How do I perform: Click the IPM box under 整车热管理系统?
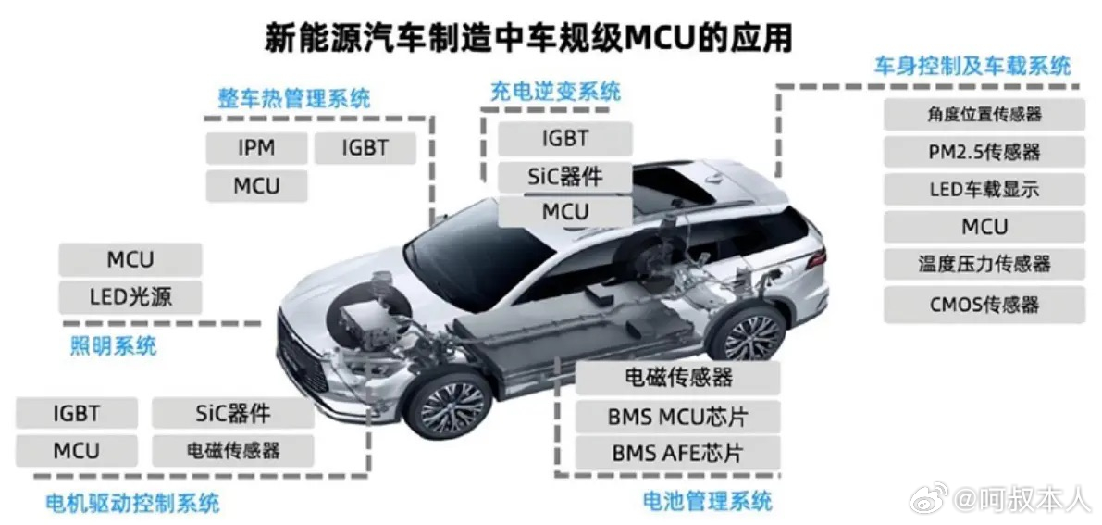(256, 148)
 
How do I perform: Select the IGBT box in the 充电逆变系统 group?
(564, 139)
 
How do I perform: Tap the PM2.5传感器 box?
(984, 152)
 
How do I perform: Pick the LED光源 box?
(130, 297)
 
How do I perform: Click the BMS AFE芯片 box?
(676, 454)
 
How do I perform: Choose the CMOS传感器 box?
(984, 305)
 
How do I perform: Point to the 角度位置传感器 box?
(984, 114)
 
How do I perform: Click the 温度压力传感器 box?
(984, 264)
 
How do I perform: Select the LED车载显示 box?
(984, 190)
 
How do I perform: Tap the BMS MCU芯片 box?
(676, 416)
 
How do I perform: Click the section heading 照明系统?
(113, 347)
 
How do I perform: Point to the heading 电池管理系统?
(707, 502)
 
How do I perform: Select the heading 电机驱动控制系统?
(132, 504)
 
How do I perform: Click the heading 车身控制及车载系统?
(972, 66)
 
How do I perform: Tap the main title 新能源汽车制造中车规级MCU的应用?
(528, 38)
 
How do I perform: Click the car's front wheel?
(451, 406)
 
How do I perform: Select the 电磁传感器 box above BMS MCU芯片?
(676, 378)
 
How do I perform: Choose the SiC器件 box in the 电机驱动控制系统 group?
(232, 413)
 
